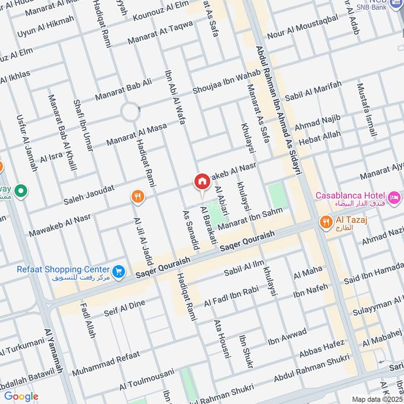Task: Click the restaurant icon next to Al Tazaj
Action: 326,221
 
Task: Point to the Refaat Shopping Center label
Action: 63,269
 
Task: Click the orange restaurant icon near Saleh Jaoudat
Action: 137,196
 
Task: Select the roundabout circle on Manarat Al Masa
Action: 130,112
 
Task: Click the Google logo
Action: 21,396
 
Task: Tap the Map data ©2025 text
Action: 376,399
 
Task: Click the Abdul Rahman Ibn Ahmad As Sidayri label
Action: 278,111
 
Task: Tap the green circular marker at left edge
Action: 21,191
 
